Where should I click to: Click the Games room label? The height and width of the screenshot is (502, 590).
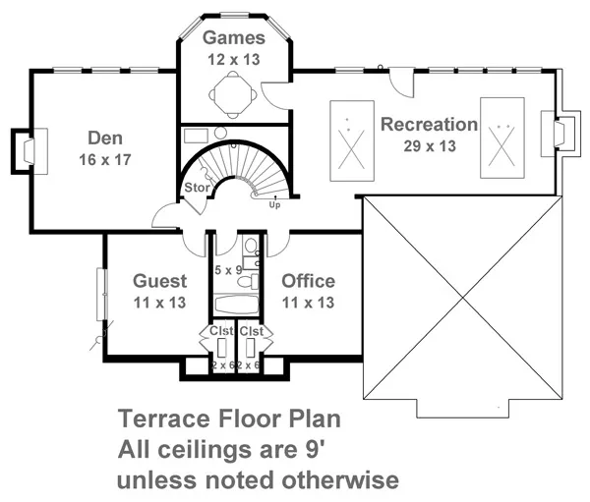click(x=234, y=38)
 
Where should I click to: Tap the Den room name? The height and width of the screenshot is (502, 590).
click(x=103, y=138)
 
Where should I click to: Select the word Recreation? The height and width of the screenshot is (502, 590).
click(x=430, y=125)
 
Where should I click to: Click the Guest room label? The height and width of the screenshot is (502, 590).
click(x=159, y=282)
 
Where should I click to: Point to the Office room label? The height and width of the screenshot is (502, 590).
click(x=308, y=282)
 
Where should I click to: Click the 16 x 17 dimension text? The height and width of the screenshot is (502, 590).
click(x=103, y=158)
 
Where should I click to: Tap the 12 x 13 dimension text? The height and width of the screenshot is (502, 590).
click(x=234, y=59)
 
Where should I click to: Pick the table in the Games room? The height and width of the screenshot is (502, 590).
click(x=234, y=94)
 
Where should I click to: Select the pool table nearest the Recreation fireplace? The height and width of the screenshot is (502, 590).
click(x=501, y=138)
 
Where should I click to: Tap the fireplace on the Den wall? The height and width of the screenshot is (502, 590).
click(x=24, y=149)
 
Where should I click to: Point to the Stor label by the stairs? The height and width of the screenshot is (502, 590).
click(x=194, y=188)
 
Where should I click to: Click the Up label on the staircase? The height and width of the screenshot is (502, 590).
click(x=274, y=205)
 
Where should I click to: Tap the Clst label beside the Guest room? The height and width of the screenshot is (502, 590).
click(x=220, y=331)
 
